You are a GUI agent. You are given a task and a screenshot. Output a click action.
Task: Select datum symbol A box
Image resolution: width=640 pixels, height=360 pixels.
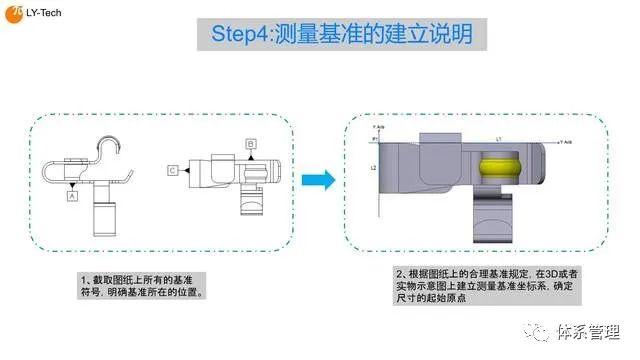click(x=71, y=197)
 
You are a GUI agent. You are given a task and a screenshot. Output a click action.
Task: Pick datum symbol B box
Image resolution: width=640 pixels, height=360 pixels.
click(x=251, y=144)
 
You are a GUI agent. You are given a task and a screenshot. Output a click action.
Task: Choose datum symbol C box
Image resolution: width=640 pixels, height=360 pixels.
click(x=173, y=171)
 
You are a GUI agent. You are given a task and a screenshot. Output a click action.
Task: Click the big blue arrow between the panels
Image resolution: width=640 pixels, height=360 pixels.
click(x=318, y=180)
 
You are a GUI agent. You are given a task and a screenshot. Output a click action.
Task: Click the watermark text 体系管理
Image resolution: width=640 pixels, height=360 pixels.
click(x=590, y=331)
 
